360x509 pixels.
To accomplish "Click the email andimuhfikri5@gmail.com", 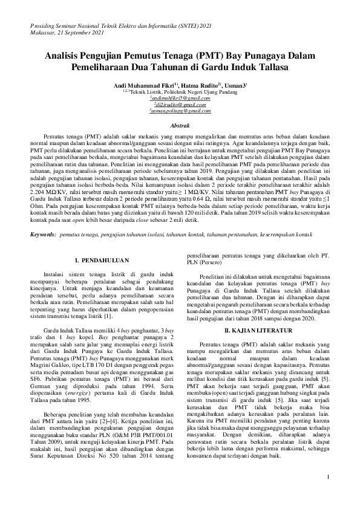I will click(x=179, y=98).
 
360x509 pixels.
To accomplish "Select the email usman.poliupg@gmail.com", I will click(x=179, y=111).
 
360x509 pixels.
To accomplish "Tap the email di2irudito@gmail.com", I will click(x=179, y=105).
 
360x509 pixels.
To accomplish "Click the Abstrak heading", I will click(x=180, y=125).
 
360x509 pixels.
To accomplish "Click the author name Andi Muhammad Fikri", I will click(x=139, y=86).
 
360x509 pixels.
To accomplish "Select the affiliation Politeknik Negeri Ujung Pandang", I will click(x=198, y=92).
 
